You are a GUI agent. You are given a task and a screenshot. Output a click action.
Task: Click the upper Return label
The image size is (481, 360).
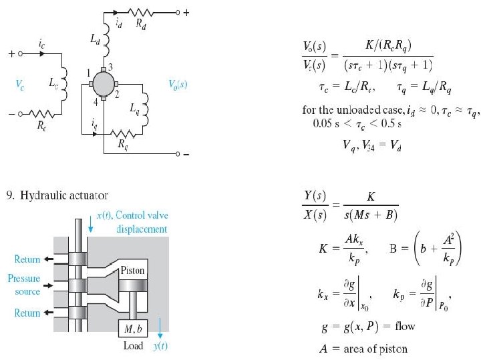26,259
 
